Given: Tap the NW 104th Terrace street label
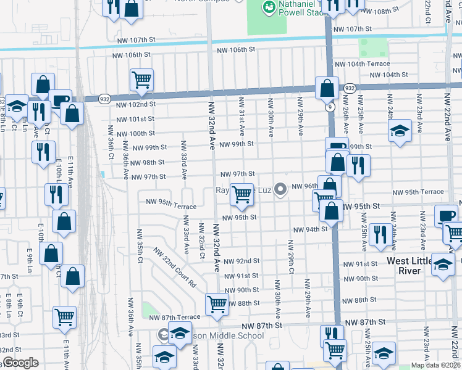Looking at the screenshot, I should [x=363, y=64].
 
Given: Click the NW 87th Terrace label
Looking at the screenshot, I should [x=175, y=317].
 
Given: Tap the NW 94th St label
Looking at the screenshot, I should [x=310, y=229].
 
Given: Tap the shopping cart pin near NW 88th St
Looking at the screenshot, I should [x=217, y=303].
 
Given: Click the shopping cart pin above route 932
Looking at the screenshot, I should [x=141, y=79].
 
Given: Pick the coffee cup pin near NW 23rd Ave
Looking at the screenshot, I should [x=446, y=215].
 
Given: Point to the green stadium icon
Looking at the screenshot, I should [x=269, y=7].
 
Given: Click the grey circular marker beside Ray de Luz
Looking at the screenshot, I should [x=281, y=189].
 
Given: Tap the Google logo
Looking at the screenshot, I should [x=21, y=363].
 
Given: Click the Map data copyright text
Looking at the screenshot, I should [x=436, y=365].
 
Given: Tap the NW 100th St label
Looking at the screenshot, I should [x=134, y=133].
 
